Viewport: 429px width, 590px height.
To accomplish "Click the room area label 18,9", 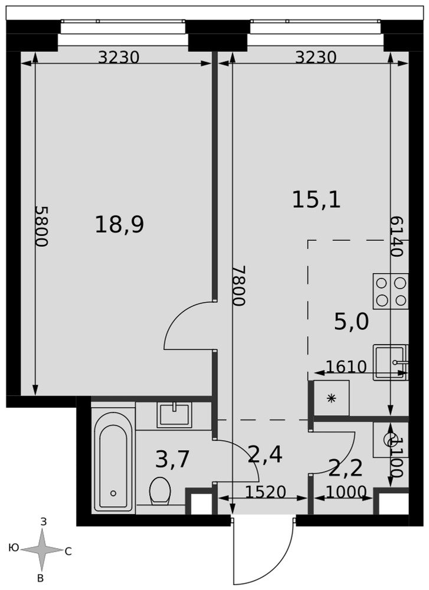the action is (x=119, y=225).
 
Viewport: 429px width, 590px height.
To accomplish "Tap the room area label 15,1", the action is (x=316, y=199).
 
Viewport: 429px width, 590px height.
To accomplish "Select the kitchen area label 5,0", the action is (x=352, y=322).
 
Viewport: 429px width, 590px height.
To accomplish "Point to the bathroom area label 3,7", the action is (x=172, y=460).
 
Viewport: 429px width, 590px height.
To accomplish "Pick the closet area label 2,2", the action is (x=345, y=468).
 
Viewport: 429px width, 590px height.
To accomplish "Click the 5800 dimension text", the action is (x=41, y=226).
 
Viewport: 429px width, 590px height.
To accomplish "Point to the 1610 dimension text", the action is (x=346, y=366).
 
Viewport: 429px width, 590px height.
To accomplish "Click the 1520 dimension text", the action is (x=266, y=492).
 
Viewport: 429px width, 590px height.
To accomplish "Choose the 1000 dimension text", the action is (x=346, y=492).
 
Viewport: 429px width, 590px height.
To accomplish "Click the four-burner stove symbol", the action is (x=391, y=291).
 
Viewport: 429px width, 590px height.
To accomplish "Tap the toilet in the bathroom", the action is (x=160, y=491).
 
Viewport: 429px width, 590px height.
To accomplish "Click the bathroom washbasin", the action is (x=174, y=415).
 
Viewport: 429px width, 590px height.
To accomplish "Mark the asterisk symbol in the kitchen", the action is (x=331, y=398).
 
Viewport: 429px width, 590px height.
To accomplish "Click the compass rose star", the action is (x=41, y=550).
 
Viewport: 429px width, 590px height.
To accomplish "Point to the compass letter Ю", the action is (x=14, y=548).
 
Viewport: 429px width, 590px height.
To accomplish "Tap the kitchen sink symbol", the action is (x=391, y=362).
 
